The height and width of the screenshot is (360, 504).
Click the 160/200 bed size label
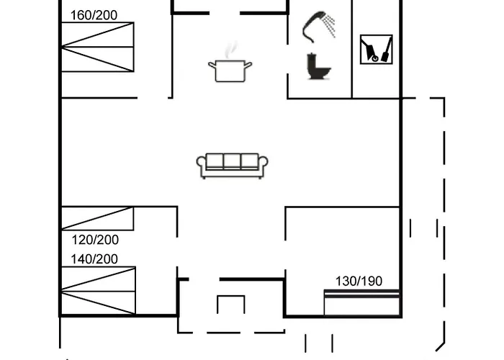[x=94, y=15]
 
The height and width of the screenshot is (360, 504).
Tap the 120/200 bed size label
[x=95, y=240]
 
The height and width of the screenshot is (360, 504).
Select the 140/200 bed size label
[x=94, y=259]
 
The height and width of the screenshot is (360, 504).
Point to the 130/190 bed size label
[x=359, y=282]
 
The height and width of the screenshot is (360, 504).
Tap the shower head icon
[x=318, y=27]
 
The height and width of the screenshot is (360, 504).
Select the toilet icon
[x=318, y=66]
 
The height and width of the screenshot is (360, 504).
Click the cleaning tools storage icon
[x=377, y=50]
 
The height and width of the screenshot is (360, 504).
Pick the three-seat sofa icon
[x=232, y=166]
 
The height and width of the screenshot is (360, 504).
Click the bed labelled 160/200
[x=97, y=47]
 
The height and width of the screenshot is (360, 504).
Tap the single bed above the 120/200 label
[x=97, y=219]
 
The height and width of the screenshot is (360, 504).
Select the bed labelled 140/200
[x=98, y=291]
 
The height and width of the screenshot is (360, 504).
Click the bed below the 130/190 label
[x=362, y=303]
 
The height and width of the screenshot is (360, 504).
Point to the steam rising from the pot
[x=231, y=50]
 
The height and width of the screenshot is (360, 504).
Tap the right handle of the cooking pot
[x=248, y=66]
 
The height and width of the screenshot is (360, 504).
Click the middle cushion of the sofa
[x=232, y=161]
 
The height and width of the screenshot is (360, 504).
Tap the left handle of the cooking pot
[x=212, y=66]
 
